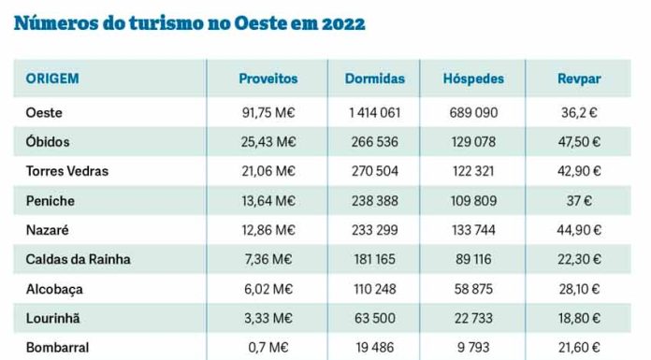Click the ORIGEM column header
click(52, 79)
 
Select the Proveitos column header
click(268, 79)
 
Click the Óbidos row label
click(48, 141)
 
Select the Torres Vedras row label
click(67, 171)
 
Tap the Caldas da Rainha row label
click(78, 259)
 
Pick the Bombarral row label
click(58, 347)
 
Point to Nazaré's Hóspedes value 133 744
click(472, 230)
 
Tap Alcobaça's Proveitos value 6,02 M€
click(268, 289)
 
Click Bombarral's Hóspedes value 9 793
click(472, 347)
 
